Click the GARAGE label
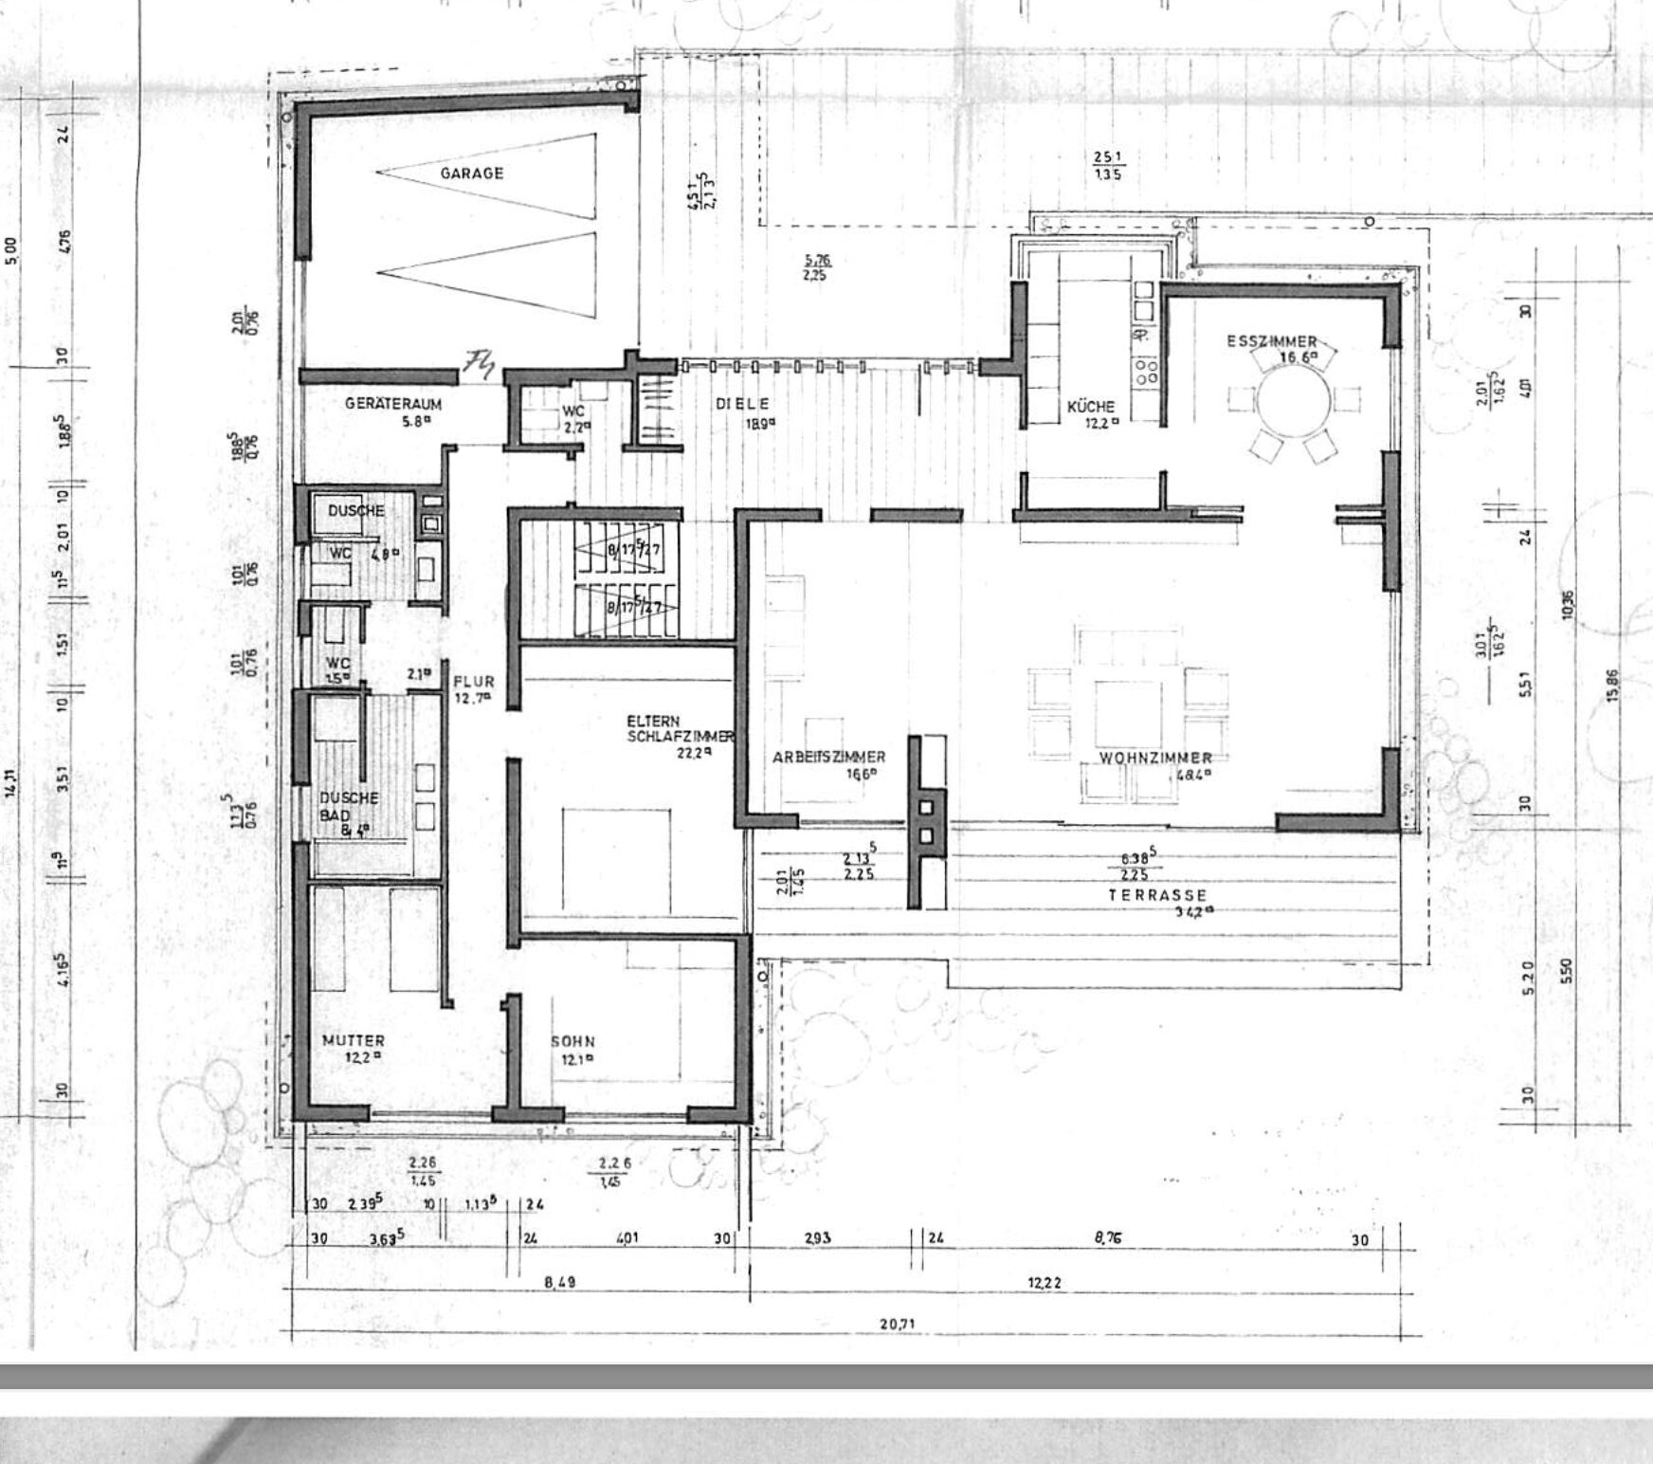tap(471, 174)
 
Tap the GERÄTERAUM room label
tap(392, 403)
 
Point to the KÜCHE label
tap(1090, 406)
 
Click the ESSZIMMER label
tap(1271, 341)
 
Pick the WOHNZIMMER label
tap(1155, 758)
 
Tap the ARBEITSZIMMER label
tap(828, 757)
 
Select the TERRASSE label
tap(1158, 895)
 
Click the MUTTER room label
tap(353, 1040)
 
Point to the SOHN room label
tap(572, 1042)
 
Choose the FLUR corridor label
tap(473, 682)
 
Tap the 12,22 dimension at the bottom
tap(1044, 1282)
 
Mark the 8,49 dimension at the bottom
tap(559, 1282)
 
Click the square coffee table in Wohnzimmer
tap(1127, 712)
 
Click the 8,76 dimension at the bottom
tap(1108, 1237)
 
